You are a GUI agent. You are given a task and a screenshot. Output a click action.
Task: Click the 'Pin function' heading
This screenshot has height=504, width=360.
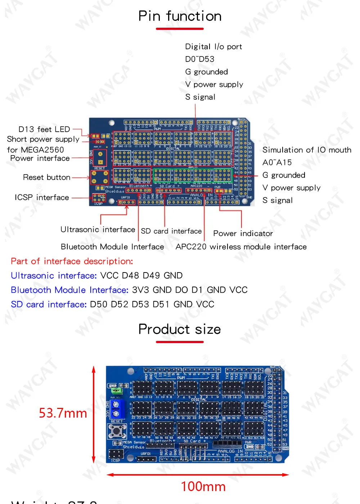click(x=180, y=16)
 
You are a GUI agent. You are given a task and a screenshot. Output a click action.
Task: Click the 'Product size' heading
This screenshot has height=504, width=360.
click(x=180, y=329)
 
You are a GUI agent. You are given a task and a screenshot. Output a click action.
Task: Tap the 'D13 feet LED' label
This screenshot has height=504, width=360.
click(x=44, y=129)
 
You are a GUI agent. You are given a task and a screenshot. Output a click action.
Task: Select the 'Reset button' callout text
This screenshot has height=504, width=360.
click(x=46, y=177)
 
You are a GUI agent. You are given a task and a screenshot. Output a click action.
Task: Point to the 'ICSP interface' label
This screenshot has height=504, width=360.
click(x=42, y=198)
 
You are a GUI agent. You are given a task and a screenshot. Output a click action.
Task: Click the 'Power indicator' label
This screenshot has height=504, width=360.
click(x=243, y=234)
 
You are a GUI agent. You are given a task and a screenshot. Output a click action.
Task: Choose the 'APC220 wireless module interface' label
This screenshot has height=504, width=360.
click(x=241, y=247)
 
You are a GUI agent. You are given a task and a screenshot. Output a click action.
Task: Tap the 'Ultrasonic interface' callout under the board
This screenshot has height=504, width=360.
click(x=98, y=230)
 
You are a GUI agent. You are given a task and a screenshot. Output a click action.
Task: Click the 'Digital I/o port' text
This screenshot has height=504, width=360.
click(x=213, y=47)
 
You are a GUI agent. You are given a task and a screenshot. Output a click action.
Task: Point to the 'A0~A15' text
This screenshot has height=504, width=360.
click(x=277, y=163)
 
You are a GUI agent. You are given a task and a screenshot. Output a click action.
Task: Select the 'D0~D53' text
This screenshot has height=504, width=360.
click(x=199, y=59)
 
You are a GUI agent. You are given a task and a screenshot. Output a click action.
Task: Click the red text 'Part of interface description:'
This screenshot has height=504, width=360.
click(x=72, y=261)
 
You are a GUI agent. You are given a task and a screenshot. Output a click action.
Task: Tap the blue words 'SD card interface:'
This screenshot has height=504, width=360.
click(x=49, y=305)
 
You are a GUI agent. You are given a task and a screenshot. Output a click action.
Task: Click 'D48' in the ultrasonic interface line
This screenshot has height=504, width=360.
click(x=130, y=276)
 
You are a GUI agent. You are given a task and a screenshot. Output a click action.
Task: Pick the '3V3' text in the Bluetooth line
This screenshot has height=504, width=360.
click(x=140, y=290)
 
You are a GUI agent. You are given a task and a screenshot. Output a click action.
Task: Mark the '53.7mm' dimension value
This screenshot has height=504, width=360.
click(x=63, y=413)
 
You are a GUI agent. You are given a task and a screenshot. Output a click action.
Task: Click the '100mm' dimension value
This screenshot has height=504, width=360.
click(x=203, y=487)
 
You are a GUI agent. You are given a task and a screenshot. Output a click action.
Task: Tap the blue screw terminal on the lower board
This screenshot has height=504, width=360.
click(x=116, y=409)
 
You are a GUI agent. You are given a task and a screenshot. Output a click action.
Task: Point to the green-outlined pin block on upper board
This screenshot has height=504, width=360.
click(x=192, y=175)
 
